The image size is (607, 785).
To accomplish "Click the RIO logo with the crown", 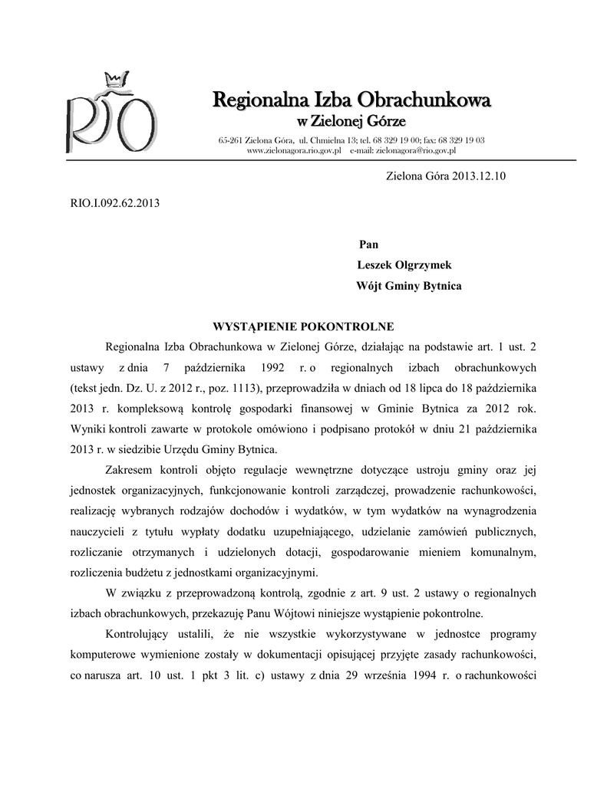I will pyautogui.click(x=111, y=114).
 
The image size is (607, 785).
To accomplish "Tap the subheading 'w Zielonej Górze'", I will pyautogui.click(x=351, y=122).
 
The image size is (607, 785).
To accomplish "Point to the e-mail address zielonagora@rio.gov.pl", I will pyautogui.click(x=414, y=151).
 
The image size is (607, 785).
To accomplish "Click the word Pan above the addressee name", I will pyautogui.click(x=368, y=244).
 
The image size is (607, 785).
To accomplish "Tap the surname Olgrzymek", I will pyautogui.click(x=423, y=265).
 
